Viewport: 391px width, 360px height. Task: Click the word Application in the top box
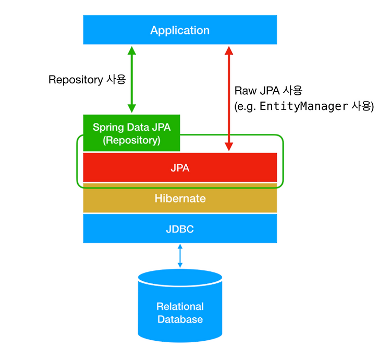click(180, 30)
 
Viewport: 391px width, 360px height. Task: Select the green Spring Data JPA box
click(131, 133)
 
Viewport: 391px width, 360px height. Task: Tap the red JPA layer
click(180, 167)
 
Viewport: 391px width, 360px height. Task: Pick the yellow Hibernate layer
click(180, 198)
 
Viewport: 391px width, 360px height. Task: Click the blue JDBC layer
click(180, 229)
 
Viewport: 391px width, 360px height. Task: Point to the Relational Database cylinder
click(180, 306)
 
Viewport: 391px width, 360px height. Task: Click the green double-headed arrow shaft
click(132, 80)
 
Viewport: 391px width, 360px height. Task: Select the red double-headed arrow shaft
click(229, 98)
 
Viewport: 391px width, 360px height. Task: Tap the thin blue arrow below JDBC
click(180, 256)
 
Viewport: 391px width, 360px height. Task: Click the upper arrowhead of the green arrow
click(132, 51)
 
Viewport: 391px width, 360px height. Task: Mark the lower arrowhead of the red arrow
click(229, 147)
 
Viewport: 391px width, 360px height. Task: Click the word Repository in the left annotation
click(76, 80)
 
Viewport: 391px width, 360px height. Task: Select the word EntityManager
click(304, 106)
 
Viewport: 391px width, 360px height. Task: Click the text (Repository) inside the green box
click(131, 140)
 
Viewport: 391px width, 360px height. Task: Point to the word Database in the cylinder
click(180, 319)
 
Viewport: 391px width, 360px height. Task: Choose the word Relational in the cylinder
click(180, 306)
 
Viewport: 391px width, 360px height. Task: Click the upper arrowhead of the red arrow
click(229, 51)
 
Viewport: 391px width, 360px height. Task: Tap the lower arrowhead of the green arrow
click(132, 108)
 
